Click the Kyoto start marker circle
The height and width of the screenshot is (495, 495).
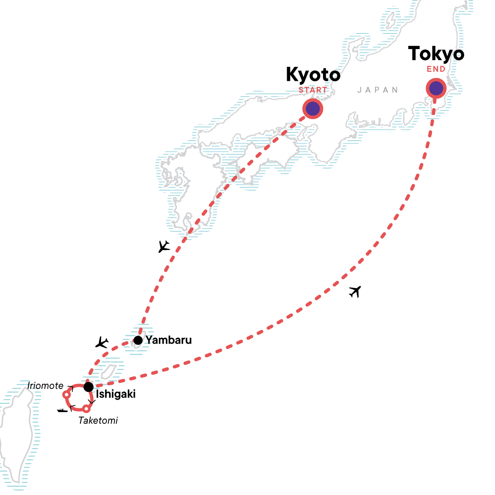[313, 109]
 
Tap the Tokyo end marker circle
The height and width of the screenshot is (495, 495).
[436, 88]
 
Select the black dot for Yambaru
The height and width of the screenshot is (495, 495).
[138, 340]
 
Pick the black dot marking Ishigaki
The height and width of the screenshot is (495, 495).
[88, 387]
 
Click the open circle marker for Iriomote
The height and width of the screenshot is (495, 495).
[66, 395]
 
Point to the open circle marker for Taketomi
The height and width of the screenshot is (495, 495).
[86, 409]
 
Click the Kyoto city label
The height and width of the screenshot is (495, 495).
[313, 75]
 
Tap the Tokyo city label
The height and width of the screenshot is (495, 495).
[436, 54]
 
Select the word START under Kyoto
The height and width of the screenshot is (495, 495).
[313, 90]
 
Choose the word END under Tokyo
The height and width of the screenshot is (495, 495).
[436, 69]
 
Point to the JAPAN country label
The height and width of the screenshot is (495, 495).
[378, 90]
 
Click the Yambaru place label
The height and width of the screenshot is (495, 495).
[169, 340]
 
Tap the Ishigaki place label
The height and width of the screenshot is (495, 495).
[115, 394]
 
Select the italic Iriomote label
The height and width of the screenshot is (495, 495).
[45, 386]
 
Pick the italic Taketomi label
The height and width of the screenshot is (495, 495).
[98, 421]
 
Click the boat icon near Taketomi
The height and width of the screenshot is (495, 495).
[62, 410]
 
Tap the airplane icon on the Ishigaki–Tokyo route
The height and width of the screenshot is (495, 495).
[355, 292]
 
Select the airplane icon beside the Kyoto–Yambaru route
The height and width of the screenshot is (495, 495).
[164, 247]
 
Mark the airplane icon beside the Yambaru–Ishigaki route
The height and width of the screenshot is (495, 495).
[101, 342]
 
